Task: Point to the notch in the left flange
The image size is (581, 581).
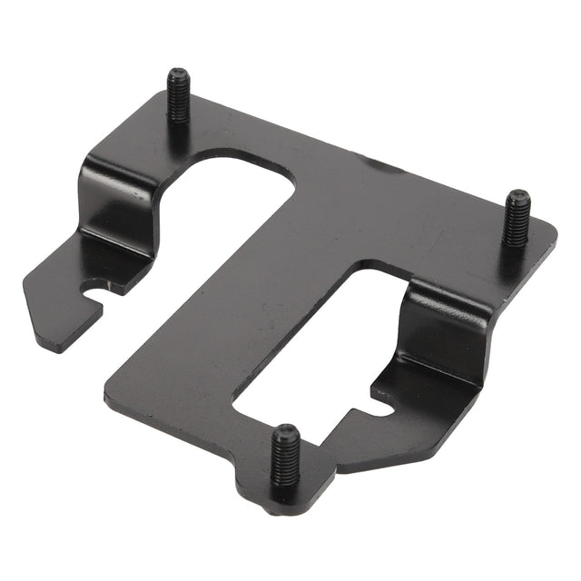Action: click(x=94, y=292)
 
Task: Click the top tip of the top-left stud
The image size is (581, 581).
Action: click(x=176, y=74)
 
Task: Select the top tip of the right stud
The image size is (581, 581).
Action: click(x=518, y=194)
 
